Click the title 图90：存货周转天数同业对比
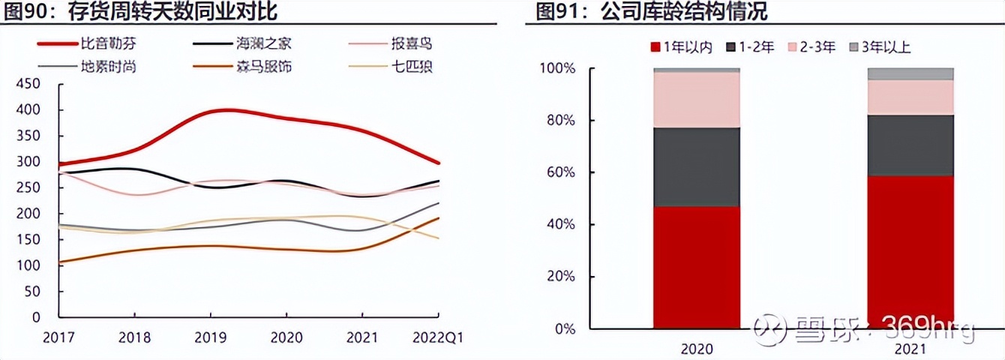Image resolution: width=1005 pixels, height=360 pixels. [x=139, y=12]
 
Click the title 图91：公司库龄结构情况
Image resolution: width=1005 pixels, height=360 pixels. [x=650, y=12]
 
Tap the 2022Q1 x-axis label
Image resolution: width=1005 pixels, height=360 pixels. [x=438, y=338]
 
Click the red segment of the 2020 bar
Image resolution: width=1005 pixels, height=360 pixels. [x=697, y=267]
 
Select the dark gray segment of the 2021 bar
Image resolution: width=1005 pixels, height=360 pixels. [x=910, y=145]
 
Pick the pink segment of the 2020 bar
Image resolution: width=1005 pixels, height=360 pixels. [x=697, y=100]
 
